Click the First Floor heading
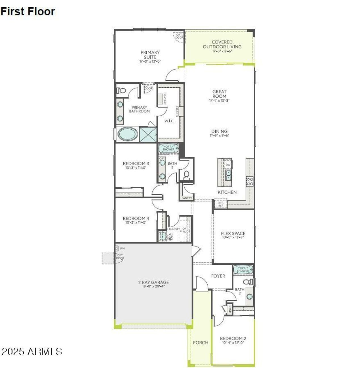(x=28, y=11)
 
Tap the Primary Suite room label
(x=150, y=54)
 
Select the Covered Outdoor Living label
(x=222, y=44)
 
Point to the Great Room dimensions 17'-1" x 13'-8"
(x=219, y=100)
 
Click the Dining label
(x=219, y=131)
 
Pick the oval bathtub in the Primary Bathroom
(x=127, y=134)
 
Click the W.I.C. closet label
(x=169, y=121)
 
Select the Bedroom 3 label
(x=136, y=164)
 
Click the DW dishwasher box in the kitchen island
(x=228, y=165)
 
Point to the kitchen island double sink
(x=228, y=176)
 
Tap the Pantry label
(x=187, y=198)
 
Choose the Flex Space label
(x=233, y=234)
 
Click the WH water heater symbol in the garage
(x=117, y=249)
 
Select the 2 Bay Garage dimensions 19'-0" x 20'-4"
(x=153, y=286)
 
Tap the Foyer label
(x=218, y=276)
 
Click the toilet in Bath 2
(x=248, y=282)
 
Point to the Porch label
(x=201, y=343)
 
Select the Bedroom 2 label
(x=233, y=339)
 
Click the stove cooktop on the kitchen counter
(x=250, y=181)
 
